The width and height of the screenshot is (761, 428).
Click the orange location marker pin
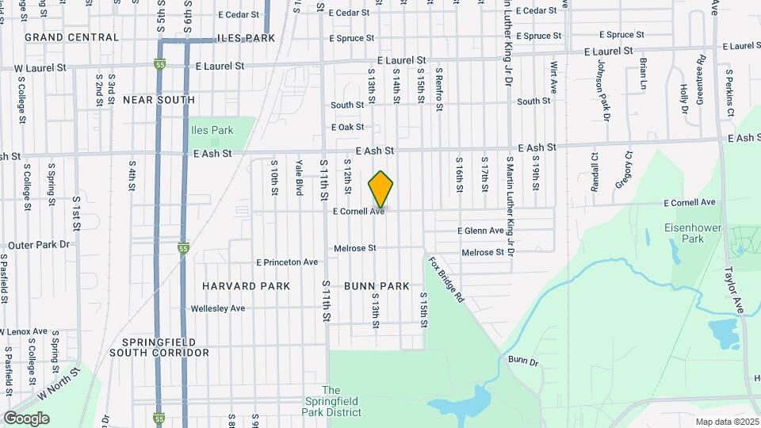[381, 189]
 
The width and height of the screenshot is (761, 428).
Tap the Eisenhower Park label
[683, 233]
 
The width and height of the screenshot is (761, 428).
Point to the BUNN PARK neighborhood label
[377, 285]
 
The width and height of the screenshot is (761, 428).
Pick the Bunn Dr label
[523, 361]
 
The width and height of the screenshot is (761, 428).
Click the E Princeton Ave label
[286, 262]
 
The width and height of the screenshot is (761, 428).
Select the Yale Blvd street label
[300, 178]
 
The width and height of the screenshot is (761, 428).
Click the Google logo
[26, 418]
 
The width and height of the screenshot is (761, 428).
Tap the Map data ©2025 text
[727, 422]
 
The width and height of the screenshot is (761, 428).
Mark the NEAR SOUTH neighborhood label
[159, 100]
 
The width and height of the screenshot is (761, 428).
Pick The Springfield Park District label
[331, 401]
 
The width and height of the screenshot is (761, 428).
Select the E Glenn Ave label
[480, 231]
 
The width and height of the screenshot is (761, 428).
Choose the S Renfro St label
[438, 90]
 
